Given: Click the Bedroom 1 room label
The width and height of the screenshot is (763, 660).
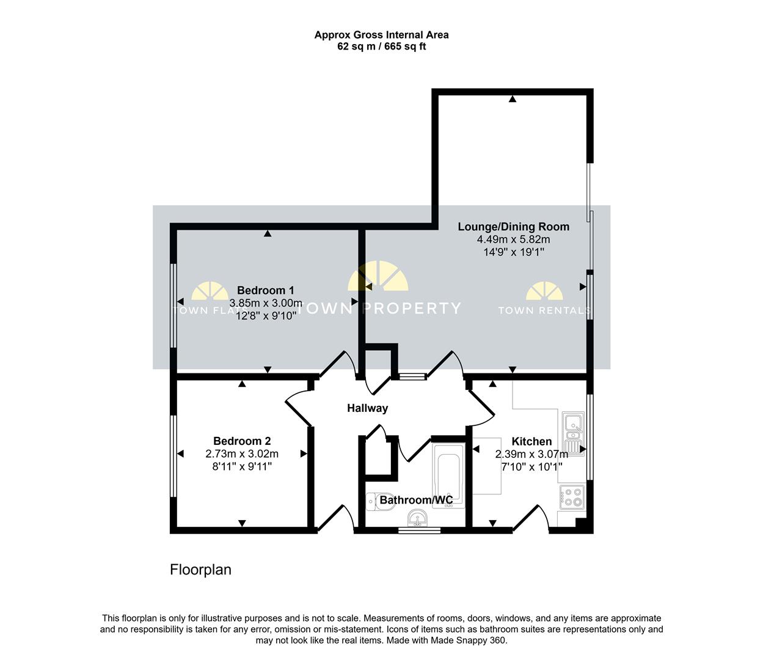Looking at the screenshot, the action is pyautogui.click(x=265, y=290).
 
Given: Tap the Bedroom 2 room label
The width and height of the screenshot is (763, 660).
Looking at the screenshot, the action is pyautogui.click(x=242, y=441).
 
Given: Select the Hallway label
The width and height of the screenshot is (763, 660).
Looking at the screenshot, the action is pyautogui.click(x=367, y=408).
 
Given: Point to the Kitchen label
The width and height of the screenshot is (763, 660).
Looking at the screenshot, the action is pyautogui.click(x=531, y=441).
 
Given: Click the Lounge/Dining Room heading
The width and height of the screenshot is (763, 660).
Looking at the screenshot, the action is pyautogui.click(x=514, y=227).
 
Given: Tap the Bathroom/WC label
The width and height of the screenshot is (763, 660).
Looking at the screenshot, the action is pyautogui.click(x=416, y=500).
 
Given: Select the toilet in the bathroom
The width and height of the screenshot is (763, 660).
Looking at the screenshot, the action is pyautogui.click(x=380, y=502).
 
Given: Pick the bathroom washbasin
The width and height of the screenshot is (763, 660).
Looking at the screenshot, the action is pyautogui.click(x=417, y=518).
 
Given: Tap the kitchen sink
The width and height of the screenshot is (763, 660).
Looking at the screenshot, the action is pyautogui.click(x=573, y=434).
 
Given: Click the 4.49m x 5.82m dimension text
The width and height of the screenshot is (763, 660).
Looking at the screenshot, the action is pyautogui.click(x=514, y=240).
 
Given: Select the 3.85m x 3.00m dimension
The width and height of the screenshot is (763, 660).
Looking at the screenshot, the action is pyautogui.click(x=266, y=303).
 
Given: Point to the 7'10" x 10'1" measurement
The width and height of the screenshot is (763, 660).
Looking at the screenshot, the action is pyautogui.click(x=531, y=467).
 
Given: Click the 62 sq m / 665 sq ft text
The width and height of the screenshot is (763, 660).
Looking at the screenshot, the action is pyautogui.click(x=381, y=46).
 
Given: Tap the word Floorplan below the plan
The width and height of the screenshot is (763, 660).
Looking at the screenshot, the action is pyautogui.click(x=200, y=570).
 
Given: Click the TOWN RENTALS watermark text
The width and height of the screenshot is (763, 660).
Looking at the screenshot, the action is pyautogui.click(x=544, y=310).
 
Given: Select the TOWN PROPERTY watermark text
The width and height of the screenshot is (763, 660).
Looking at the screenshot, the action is pyautogui.click(x=380, y=309).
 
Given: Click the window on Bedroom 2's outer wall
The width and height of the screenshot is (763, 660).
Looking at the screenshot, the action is pyautogui.click(x=173, y=456).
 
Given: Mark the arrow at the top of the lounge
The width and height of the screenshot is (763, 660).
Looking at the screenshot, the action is pyautogui.click(x=513, y=99).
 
